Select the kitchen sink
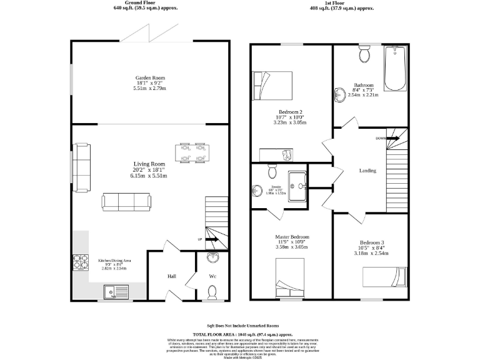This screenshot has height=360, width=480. [x=117, y=291]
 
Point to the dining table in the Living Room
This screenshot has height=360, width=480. [x=192, y=153]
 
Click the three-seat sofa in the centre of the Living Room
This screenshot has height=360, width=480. [x=126, y=201]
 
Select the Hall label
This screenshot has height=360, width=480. [x=171, y=276]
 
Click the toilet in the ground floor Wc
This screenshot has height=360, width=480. [x=212, y=291]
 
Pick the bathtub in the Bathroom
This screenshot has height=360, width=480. [x=396, y=68]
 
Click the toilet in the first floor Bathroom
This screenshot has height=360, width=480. [x=364, y=55]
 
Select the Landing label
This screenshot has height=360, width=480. [x=367, y=170]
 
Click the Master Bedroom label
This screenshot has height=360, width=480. [x=292, y=237]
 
